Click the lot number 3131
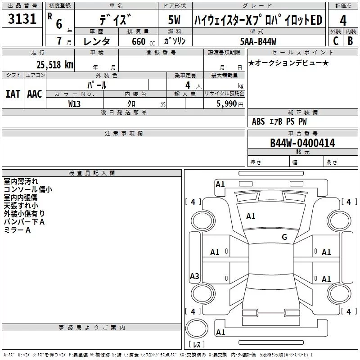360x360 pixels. pos(22,19)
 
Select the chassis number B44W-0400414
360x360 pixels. pos(302,143)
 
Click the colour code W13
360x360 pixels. pos(75,103)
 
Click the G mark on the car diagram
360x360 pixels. pos(284,237)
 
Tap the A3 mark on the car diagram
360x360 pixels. pos(194,276)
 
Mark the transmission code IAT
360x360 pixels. pos(13,94)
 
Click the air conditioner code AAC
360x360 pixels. pos(34,94)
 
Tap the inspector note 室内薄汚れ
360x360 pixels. pos(21,181)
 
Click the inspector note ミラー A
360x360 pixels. pos(17,230)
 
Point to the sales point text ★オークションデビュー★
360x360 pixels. pos(288,63)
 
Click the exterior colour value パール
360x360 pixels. pos(97,85)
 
